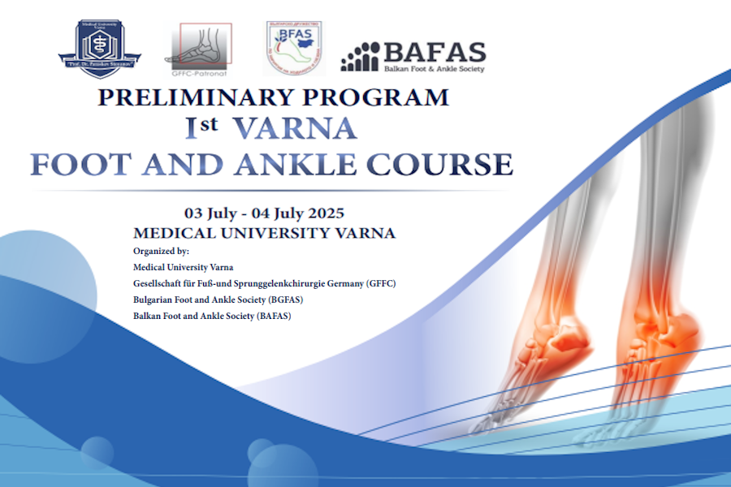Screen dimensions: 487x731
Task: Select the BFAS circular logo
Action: tap(290, 49)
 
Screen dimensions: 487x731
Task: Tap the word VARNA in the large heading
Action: tap(295, 128)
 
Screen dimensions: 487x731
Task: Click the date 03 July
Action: tap(210, 213)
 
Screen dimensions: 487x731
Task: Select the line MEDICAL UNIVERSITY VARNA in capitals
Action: tap(264, 233)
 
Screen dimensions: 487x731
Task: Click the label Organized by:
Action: tap(161, 251)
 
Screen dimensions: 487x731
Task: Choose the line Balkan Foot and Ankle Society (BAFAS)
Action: tap(212, 316)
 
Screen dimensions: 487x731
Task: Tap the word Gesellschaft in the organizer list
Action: tap(158, 283)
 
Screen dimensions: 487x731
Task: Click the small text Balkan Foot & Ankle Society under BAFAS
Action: tap(434, 69)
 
